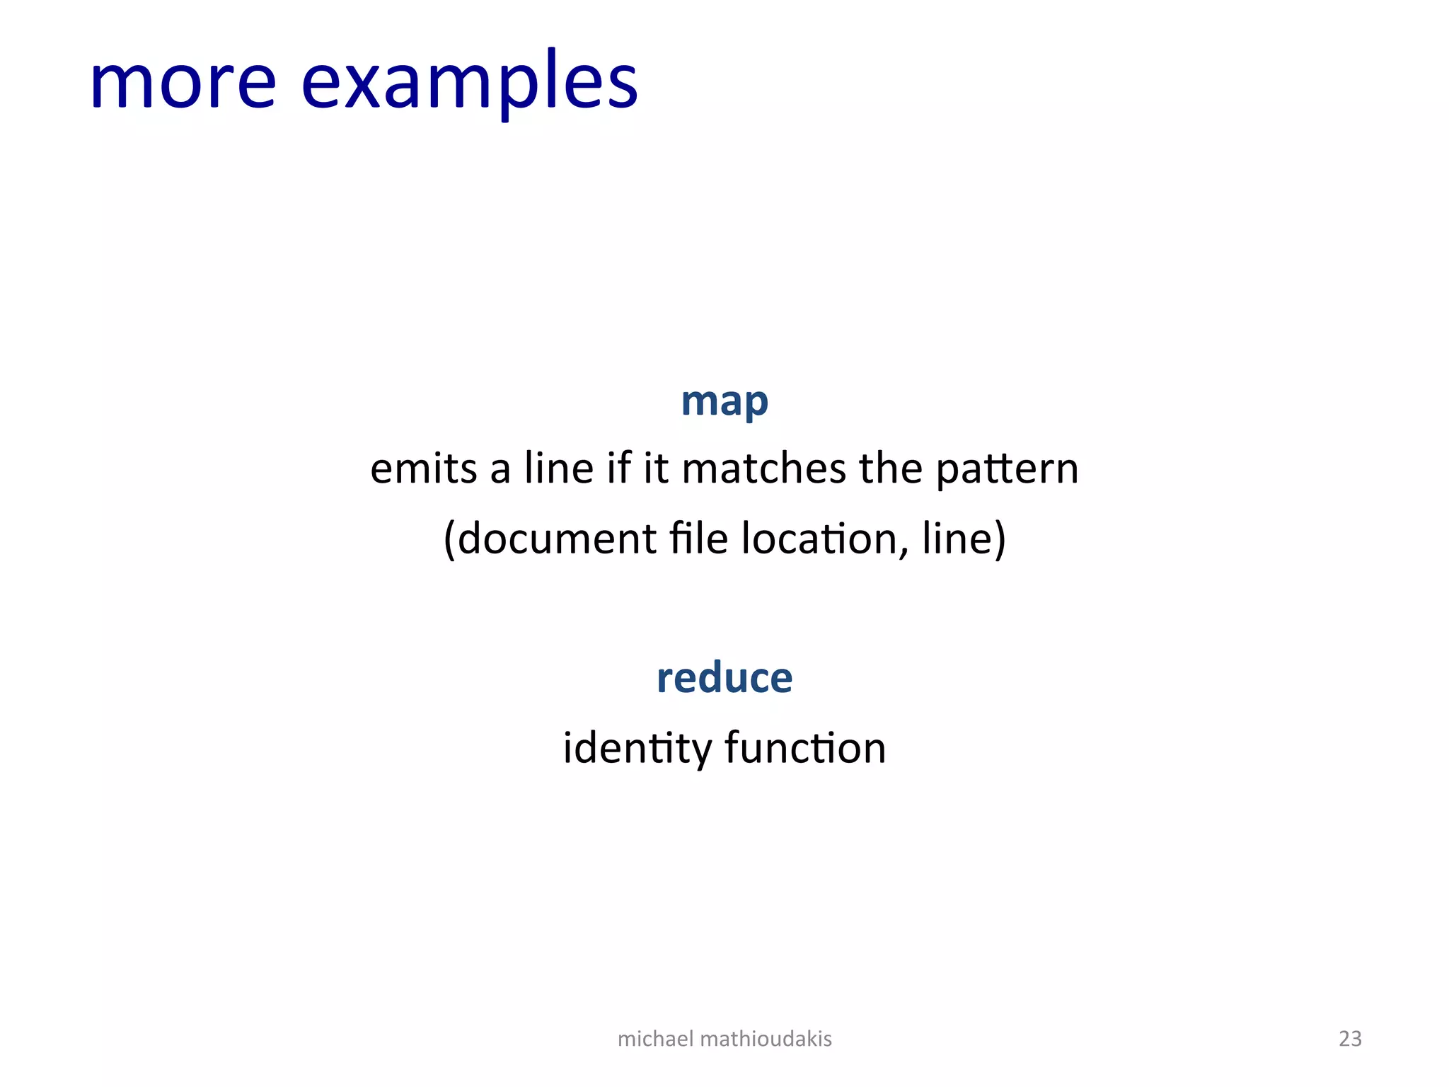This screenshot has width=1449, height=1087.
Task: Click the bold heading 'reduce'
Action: [x=724, y=678]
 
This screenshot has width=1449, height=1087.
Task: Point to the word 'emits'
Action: [x=424, y=469]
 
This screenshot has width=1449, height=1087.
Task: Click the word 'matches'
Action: [x=763, y=469]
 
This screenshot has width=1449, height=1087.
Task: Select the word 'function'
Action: [x=805, y=748]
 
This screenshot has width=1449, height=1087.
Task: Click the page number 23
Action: [x=1350, y=1039]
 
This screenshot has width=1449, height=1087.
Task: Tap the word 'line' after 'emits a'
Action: [x=558, y=468]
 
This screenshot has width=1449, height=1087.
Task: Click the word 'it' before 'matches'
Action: [x=656, y=468]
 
